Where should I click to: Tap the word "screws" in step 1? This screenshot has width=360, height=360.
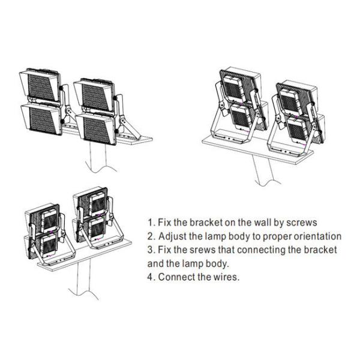pyautogui.click(x=302, y=223)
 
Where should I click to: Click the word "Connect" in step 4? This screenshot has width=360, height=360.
pyautogui.click(x=177, y=277)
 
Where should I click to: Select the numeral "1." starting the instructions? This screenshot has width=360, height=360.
pyautogui.click(x=152, y=222)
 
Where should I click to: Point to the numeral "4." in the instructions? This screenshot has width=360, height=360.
pyautogui.click(x=152, y=277)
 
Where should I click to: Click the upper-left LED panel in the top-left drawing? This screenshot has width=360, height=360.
pyautogui.click(x=40, y=86)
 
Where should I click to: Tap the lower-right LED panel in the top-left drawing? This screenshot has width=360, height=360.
pyautogui.click(x=96, y=129)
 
